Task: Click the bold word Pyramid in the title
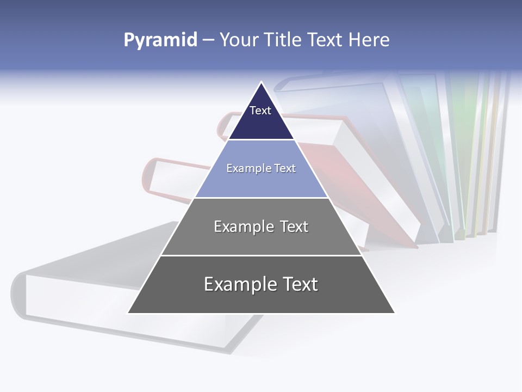(x=160, y=40)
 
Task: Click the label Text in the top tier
(x=260, y=111)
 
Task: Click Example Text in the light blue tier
(x=261, y=168)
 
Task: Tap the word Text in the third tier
(x=294, y=226)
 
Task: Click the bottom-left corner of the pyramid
(x=128, y=313)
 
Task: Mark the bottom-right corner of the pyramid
(x=394, y=313)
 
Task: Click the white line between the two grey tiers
(x=261, y=255)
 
